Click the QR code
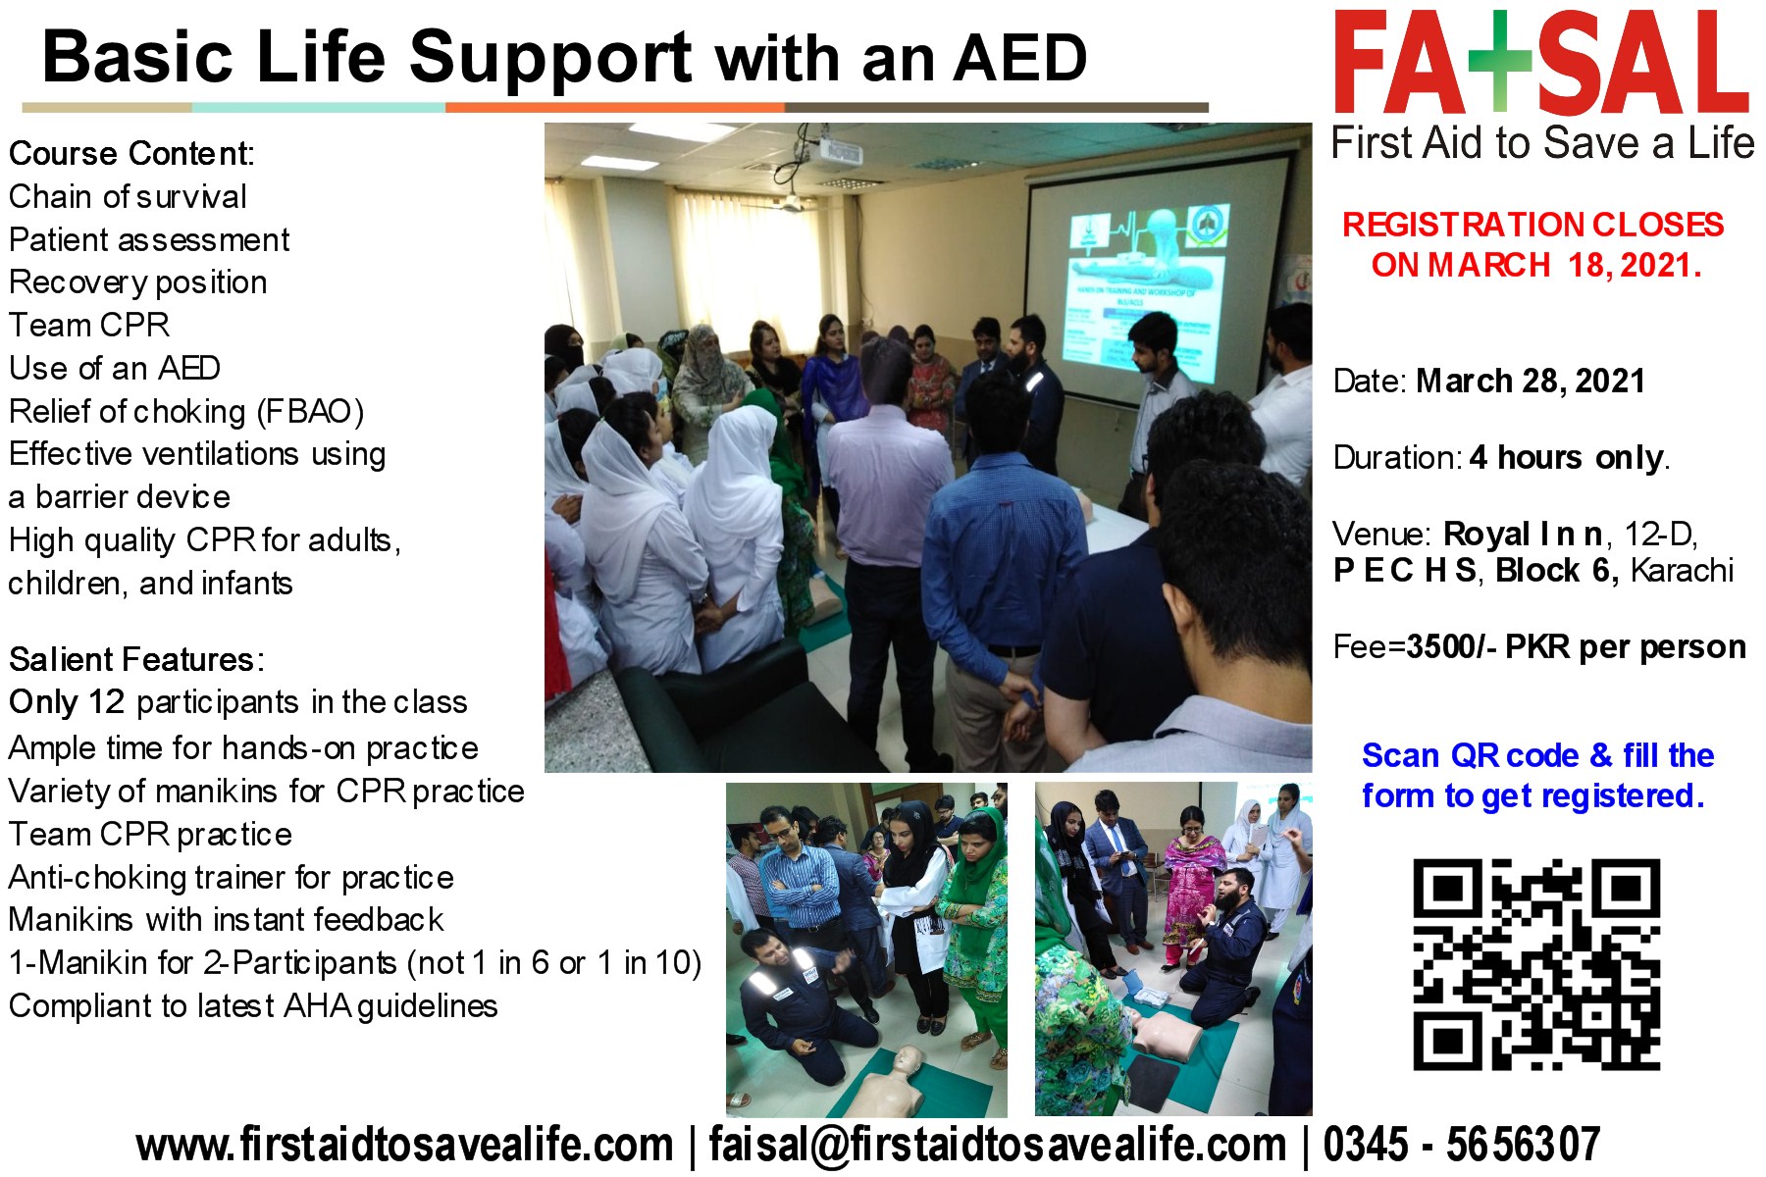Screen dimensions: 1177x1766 [1535, 964]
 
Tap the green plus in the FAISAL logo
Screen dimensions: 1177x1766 [1498, 61]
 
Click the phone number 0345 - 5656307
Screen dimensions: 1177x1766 [1461, 1145]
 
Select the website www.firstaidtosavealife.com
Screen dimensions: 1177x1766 [404, 1145]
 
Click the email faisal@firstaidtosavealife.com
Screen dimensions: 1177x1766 [997, 1145]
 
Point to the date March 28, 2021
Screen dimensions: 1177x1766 [1530, 381]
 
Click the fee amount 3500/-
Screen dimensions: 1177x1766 [1450, 647]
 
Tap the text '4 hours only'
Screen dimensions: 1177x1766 [1567, 457]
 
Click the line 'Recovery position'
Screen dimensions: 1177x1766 [138, 282]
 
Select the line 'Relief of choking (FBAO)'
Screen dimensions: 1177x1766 [186, 411]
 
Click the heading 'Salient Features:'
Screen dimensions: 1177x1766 [136, 659]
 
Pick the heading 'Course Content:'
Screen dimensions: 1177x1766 [131, 154]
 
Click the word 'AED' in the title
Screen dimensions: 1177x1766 [1020, 59]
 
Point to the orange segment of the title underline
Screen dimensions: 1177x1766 [614, 107]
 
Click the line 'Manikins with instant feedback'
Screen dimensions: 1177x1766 [226, 920]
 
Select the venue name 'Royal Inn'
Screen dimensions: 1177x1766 [1522, 535]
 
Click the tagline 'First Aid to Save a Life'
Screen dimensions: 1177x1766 [1542, 143]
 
